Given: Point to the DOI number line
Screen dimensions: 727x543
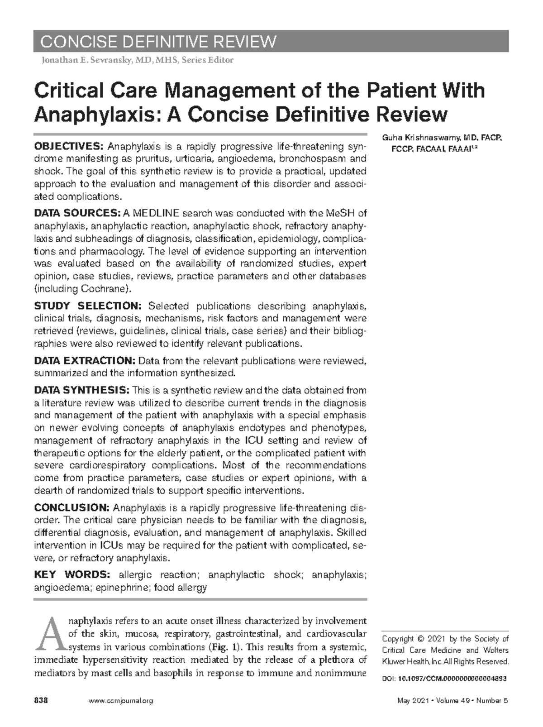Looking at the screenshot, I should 444,679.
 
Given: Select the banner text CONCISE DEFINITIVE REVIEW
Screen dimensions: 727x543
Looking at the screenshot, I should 158,42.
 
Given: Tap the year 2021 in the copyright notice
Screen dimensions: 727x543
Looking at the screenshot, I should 432,639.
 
